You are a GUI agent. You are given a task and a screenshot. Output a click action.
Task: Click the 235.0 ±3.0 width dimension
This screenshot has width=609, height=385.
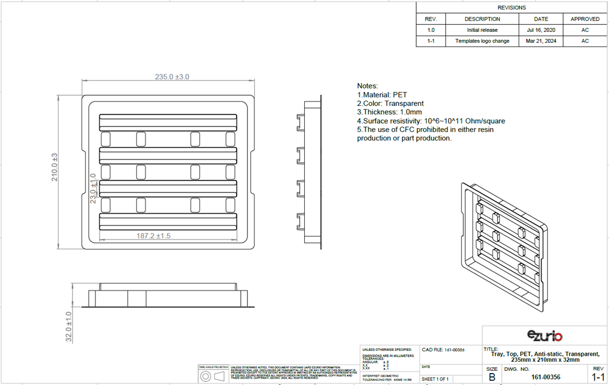pos(172,77)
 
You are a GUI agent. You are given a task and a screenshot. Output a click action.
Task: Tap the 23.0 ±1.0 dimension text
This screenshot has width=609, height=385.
pos(93,188)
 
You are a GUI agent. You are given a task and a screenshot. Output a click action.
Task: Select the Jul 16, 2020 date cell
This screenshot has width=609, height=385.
pos(541,30)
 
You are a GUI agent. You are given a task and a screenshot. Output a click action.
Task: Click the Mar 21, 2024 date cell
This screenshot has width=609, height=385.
pos(541,41)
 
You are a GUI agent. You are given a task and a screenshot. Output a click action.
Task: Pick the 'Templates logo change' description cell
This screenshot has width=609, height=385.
pos(482,41)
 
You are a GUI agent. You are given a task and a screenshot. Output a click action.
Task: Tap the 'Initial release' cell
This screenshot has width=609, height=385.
pos(482,30)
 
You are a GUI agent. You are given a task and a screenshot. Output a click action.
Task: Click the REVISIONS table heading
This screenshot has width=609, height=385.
pos(512,8)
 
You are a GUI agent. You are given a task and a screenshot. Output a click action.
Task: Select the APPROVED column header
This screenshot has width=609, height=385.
pos(585,19)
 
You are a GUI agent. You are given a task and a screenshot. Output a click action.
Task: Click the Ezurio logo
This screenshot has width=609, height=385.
pos(545,336)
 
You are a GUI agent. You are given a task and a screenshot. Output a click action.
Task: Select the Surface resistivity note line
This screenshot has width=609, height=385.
pos(430,121)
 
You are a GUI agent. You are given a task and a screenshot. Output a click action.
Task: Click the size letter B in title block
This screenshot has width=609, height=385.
pos(492,377)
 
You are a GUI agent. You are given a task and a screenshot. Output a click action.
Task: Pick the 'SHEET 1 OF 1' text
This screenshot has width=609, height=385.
pos(435,379)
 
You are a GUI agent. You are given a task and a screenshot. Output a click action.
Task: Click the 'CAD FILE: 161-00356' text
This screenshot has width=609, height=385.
pos(443,350)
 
